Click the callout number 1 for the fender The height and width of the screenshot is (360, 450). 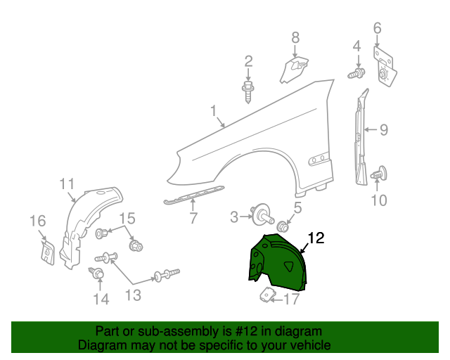[x=212, y=111]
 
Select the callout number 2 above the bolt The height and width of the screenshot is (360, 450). [x=248, y=62]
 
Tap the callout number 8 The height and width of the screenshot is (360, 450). [x=295, y=37]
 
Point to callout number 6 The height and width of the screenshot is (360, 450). [x=377, y=28]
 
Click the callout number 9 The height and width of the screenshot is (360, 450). [x=384, y=129]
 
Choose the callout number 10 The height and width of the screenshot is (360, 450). [x=378, y=200]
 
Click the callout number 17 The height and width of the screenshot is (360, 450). [x=291, y=300]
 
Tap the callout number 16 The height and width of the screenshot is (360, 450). [x=37, y=222]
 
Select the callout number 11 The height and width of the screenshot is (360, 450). [x=67, y=185]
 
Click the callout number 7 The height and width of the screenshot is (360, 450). [x=193, y=219]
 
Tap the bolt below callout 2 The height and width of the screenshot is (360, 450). [x=248, y=91]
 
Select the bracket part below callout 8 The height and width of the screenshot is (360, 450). [x=295, y=68]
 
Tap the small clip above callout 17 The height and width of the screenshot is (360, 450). [x=269, y=295]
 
